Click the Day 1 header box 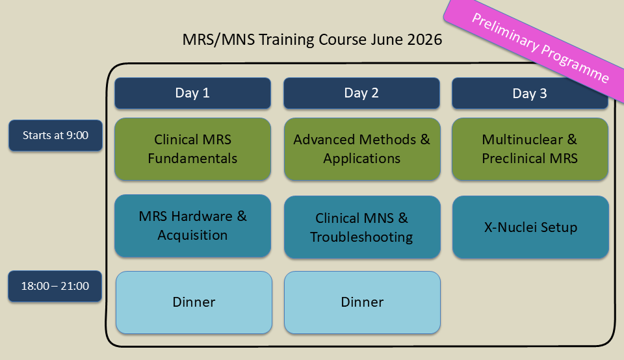[192, 93]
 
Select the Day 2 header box [361, 93]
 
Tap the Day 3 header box [530, 93]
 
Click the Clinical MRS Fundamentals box [192, 149]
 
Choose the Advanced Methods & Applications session [362, 149]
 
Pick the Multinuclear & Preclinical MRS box [530, 149]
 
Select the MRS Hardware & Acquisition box [192, 226]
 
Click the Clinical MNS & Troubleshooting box [362, 227]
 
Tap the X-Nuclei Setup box [530, 227]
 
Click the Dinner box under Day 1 [194, 302]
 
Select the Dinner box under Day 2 [362, 302]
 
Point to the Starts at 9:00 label [55, 135]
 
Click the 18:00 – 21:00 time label [55, 286]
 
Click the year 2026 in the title [424, 40]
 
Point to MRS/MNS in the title [218, 40]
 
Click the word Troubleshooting [361, 237]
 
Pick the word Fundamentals [192, 159]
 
